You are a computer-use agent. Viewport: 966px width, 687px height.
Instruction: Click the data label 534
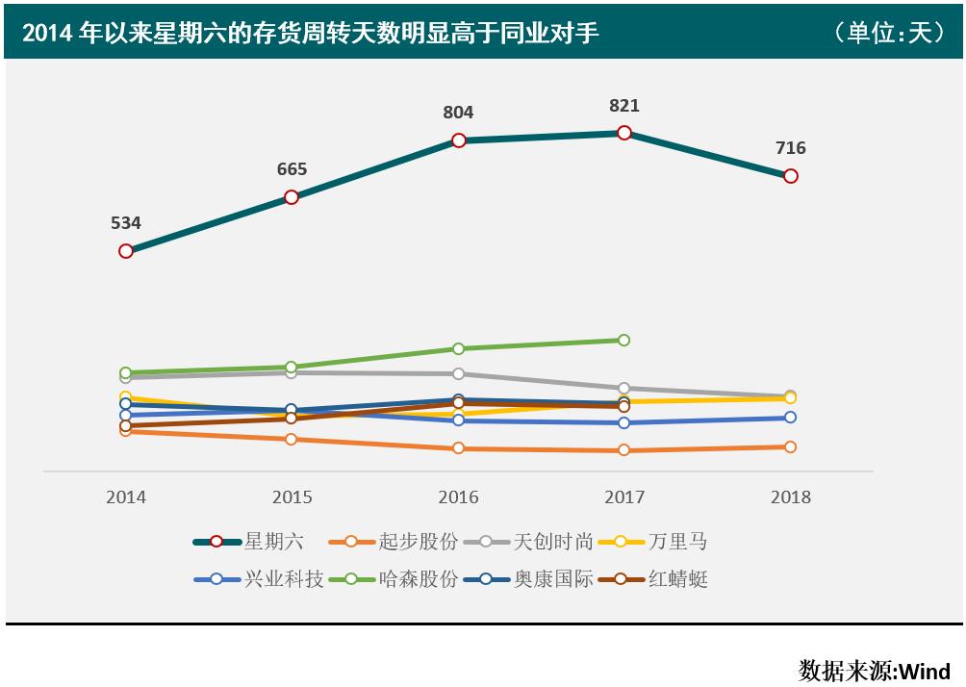(x=126, y=223)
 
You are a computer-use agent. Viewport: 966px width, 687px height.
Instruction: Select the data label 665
(x=292, y=169)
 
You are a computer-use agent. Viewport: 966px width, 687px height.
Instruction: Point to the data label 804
(x=458, y=113)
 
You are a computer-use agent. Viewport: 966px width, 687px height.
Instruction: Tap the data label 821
(x=623, y=106)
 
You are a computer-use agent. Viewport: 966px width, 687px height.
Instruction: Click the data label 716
(x=790, y=148)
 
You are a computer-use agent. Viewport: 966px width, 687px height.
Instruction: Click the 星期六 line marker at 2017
(x=623, y=133)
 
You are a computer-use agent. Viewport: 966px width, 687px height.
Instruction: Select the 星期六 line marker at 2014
(x=126, y=251)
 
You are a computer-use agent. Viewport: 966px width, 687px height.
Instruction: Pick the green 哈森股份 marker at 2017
(x=623, y=340)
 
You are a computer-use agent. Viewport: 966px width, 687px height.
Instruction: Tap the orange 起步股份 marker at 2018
(x=790, y=446)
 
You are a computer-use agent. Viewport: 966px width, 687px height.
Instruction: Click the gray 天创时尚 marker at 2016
(x=458, y=373)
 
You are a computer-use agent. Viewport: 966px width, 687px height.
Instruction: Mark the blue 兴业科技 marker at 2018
(x=790, y=418)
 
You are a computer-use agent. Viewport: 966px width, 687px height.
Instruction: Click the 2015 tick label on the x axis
(x=292, y=497)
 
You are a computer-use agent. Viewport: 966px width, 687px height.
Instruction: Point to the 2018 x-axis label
(x=790, y=497)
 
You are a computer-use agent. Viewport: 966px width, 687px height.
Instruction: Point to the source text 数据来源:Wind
(x=874, y=670)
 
